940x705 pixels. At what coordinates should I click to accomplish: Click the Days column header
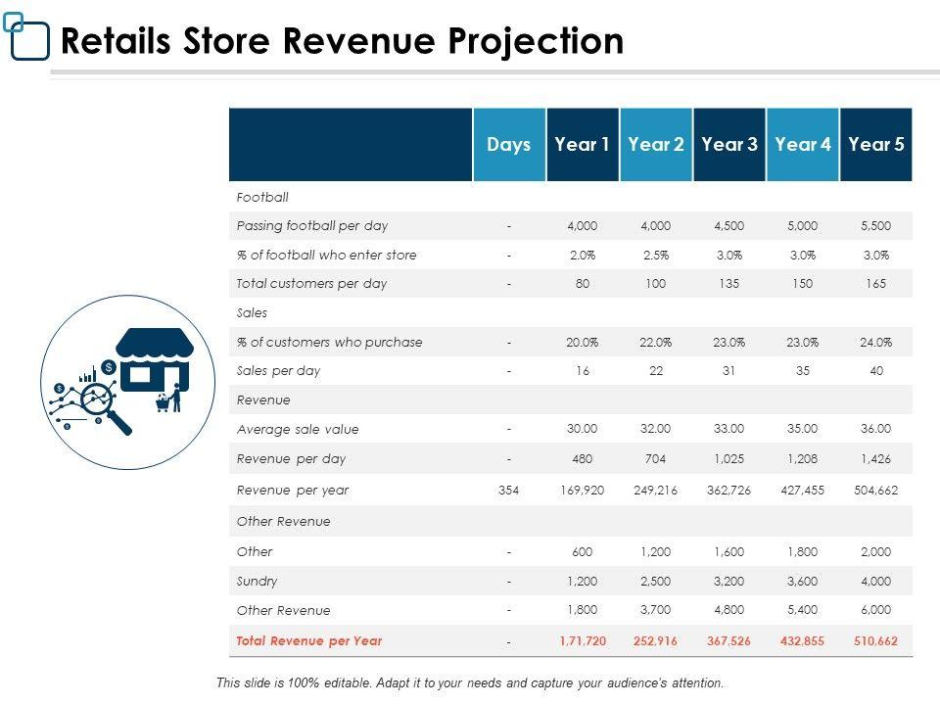509,145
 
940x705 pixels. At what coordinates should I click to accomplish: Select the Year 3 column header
729,145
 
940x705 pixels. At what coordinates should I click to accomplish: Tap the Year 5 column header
876,145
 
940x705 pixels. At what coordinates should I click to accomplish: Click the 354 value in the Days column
509,491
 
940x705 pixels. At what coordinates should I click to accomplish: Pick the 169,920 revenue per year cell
582,491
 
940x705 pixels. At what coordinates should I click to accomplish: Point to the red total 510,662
876,641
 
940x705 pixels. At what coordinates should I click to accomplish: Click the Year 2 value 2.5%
656,255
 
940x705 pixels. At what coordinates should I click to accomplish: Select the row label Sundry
258,581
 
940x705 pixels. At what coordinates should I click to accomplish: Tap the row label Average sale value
298,429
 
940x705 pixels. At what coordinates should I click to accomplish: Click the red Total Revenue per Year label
309,641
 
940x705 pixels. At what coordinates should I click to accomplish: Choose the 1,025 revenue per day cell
729,458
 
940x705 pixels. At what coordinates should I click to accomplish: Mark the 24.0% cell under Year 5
876,342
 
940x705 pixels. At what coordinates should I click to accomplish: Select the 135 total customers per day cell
729,284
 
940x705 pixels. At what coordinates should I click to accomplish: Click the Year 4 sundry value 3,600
803,581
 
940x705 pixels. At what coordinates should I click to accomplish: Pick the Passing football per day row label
312,225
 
